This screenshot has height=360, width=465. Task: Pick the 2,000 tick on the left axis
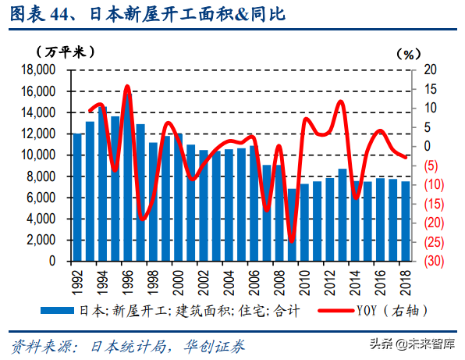coord(37,241)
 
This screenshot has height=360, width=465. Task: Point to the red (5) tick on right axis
coord(430,166)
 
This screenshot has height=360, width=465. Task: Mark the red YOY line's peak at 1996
coord(127,87)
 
